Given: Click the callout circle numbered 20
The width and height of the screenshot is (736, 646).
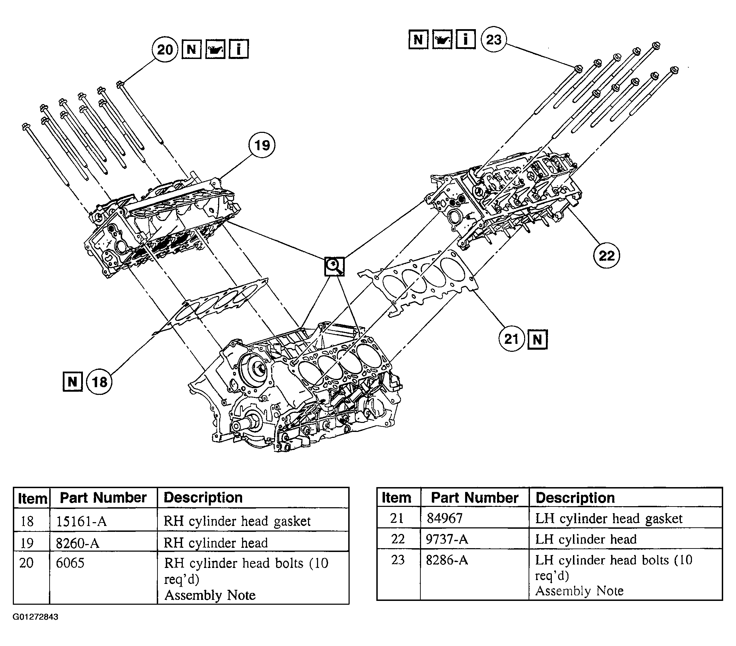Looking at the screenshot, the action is coord(165,49).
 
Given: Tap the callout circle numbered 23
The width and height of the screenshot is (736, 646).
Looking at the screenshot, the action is coord(493,39).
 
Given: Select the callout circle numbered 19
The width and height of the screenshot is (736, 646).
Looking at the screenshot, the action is coord(262,145).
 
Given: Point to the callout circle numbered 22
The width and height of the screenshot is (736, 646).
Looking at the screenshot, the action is coord(606,256).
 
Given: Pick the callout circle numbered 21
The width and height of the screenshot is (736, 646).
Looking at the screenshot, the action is coord(512,339).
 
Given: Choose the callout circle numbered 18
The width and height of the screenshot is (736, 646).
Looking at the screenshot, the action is coord(100,382).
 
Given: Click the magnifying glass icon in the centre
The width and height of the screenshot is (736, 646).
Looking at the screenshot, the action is coord(334,266).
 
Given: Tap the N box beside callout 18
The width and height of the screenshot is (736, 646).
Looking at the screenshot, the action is coord(73,381).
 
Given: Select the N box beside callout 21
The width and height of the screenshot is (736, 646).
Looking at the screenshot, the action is coord(537,339).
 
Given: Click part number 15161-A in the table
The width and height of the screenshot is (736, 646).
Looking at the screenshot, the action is coord(82,521).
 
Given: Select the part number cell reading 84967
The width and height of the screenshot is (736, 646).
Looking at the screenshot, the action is coord(444,518).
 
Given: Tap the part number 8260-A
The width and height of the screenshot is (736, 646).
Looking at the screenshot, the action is coord(77,543).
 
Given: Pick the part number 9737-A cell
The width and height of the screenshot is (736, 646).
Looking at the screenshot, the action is coord(447,539).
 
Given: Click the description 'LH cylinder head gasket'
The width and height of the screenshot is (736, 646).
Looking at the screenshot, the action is coord(608,519).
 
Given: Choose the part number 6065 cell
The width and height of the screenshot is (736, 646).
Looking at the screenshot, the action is coord(70,562).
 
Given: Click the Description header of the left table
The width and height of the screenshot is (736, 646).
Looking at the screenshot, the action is coord(203,498).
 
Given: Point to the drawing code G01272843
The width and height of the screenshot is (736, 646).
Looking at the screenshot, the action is coord(35,617).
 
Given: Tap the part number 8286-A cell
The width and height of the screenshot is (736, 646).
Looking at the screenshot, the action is coord(447,560).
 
